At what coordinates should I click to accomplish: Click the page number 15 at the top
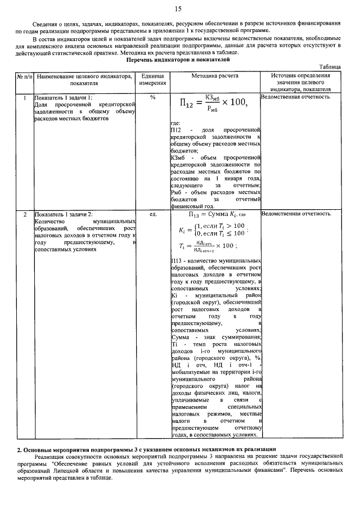[178, 8]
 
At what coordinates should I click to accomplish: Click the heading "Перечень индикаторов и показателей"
[178, 59]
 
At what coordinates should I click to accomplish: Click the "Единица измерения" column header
[152, 79]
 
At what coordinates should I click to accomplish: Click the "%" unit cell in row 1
[152, 97]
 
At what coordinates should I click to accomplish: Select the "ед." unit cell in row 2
[152, 214]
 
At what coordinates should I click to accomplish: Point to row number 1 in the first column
[24, 97]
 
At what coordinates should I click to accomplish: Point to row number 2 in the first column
[24, 214]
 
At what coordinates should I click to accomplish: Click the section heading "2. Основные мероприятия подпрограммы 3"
[146, 449]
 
